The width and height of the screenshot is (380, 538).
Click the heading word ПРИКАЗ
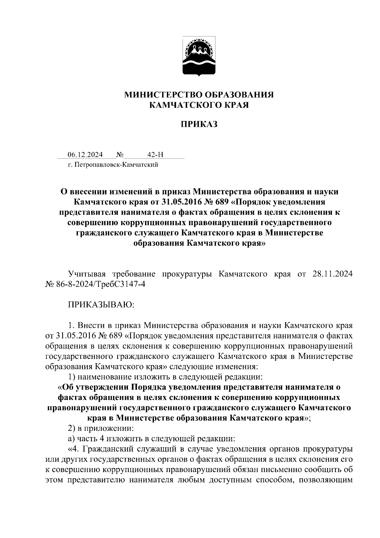[199, 124]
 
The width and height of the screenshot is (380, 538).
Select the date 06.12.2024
[85, 155]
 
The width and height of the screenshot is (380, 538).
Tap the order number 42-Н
[155, 155]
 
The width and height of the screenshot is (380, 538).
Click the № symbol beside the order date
[120, 155]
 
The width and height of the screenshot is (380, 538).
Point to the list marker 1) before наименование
[72, 377]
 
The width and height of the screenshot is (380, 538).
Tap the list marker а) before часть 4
[72, 439]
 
